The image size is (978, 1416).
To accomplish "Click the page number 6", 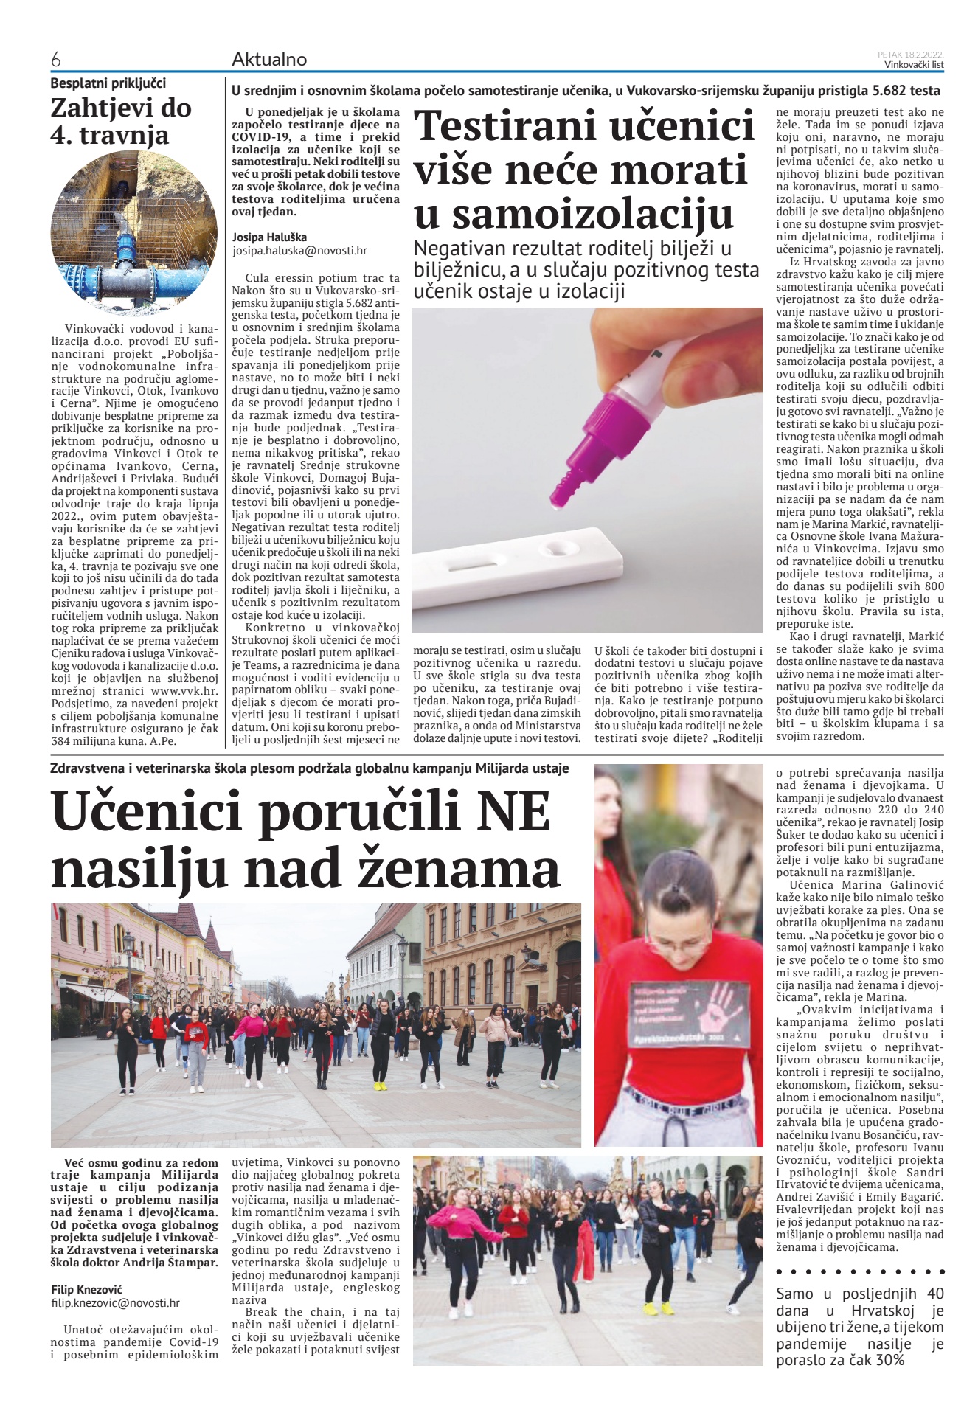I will (x=55, y=59).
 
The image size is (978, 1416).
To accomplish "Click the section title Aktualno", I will (x=269, y=59).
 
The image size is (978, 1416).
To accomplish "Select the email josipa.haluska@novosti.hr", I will (x=299, y=251).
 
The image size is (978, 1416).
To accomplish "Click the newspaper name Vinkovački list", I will (x=914, y=64).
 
